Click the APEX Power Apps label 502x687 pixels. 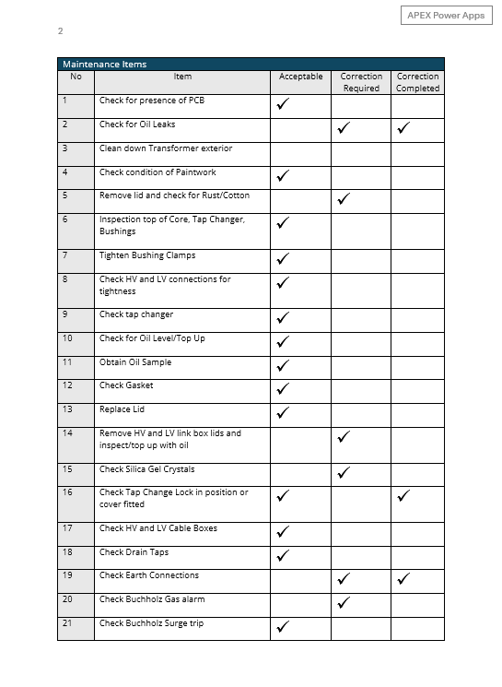pyautogui.click(x=446, y=16)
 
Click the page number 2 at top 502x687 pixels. pyautogui.click(x=60, y=31)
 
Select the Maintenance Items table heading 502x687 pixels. pyautogui.click(x=104, y=65)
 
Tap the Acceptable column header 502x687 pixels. pyautogui.click(x=300, y=77)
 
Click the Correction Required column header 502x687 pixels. pyautogui.click(x=361, y=82)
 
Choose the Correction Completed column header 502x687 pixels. pyautogui.click(x=417, y=82)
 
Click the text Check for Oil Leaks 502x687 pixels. pyautogui.click(x=137, y=124)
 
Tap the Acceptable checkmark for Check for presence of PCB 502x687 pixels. pyautogui.click(x=283, y=105)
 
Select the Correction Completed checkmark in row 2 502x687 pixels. pyautogui.click(x=403, y=129)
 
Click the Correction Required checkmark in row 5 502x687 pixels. pyautogui.click(x=344, y=198)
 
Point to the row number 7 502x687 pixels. pyautogui.click(x=65, y=255)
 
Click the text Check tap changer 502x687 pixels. pyautogui.click(x=136, y=314)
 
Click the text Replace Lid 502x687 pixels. pyautogui.click(x=122, y=409)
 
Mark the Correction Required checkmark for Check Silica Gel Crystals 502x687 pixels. pyautogui.click(x=344, y=473)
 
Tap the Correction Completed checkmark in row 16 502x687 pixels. pyautogui.click(x=403, y=497)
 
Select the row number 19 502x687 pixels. pyautogui.click(x=67, y=575)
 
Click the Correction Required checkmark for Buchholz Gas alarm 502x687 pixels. pyautogui.click(x=344, y=603)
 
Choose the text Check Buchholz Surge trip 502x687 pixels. pyautogui.click(x=152, y=623)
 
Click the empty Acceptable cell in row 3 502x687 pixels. pyautogui.click(x=300, y=153)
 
